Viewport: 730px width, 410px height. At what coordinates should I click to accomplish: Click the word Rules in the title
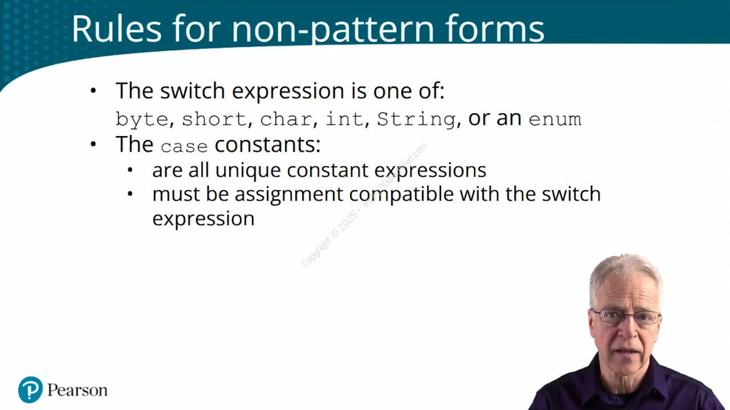click(x=117, y=28)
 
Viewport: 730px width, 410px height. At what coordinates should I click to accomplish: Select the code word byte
click(x=142, y=120)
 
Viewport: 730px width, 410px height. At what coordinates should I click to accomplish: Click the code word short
click(x=214, y=119)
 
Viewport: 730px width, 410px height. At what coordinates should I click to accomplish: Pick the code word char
click(x=286, y=119)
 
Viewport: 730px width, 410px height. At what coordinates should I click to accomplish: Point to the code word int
click(x=344, y=118)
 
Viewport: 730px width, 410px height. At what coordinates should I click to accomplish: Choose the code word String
click(x=416, y=120)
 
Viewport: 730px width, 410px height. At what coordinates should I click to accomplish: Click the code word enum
click(x=555, y=120)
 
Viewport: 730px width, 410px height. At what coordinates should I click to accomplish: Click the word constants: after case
click(x=267, y=145)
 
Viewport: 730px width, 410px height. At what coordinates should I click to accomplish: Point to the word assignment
click(x=289, y=195)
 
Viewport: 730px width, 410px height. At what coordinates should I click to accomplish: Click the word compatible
click(x=401, y=195)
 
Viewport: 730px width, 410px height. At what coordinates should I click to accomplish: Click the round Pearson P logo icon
click(x=30, y=390)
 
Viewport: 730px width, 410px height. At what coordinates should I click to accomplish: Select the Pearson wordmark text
click(x=77, y=390)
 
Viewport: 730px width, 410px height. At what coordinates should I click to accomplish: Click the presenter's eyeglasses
click(x=626, y=316)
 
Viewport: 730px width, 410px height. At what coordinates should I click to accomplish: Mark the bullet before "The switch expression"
click(x=94, y=91)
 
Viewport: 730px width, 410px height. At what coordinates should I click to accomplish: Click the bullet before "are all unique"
click(x=130, y=170)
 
